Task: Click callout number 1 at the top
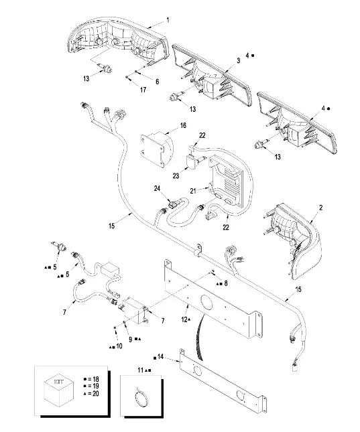(168, 20)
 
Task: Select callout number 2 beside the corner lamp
(321, 208)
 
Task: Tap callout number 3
(239, 60)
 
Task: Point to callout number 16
(183, 126)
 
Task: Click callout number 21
(193, 191)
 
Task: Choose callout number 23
(176, 175)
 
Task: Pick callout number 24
(157, 189)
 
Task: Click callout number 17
(143, 90)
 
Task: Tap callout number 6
(158, 82)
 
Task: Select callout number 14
(160, 357)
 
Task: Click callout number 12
(184, 319)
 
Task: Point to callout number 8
(226, 283)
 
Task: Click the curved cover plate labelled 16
(158, 149)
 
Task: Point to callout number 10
(119, 346)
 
